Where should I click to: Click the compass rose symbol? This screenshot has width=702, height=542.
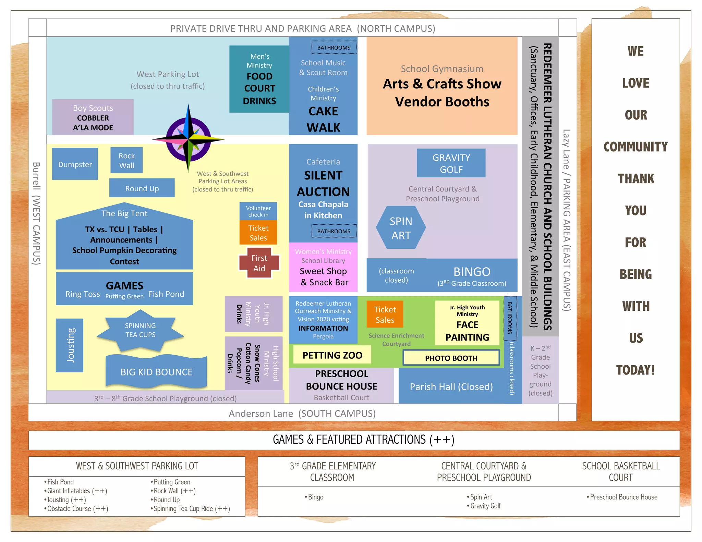pyautogui.click(x=188, y=139)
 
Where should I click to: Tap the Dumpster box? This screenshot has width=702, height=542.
pyautogui.click(x=75, y=164)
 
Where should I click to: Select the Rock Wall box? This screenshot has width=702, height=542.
pyautogui.click(x=126, y=160)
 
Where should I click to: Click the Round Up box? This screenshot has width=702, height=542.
pyautogui.click(x=142, y=188)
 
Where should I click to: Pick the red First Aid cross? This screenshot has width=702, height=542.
pyautogui.click(x=259, y=263)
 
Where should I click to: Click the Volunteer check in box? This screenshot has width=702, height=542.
pyautogui.click(x=258, y=211)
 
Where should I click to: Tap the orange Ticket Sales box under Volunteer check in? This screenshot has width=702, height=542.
pyautogui.click(x=258, y=233)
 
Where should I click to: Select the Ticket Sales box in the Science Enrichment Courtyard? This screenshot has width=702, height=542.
pyautogui.click(x=385, y=315)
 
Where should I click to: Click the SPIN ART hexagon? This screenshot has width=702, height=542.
pyautogui.click(x=401, y=228)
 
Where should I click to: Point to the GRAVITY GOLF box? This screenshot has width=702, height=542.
pyautogui.click(x=451, y=163)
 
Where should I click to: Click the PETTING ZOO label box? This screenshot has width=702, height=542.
pyautogui.click(x=332, y=355)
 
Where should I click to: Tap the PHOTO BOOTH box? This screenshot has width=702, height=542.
pyautogui.click(x=451, y=358)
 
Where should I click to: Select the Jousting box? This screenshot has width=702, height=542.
pyautogui.click(x=70, y=345)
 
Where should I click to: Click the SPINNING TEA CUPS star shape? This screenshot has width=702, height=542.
pyautogui.click(x=140, y=330)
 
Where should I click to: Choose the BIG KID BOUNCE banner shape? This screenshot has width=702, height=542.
pyautogui.click(x=156, y=372)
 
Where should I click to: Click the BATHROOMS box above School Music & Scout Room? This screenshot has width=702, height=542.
pyautogui.click(x=334, y=48)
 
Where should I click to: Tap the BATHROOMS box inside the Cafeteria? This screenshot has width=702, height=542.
pyautogui.click(x=334, y=231)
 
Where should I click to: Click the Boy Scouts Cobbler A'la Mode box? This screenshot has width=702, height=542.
pyautogui.click(x=93, y=118)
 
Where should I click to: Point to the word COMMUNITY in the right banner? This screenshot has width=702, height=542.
pyautogui.click(x=636, y=147)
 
